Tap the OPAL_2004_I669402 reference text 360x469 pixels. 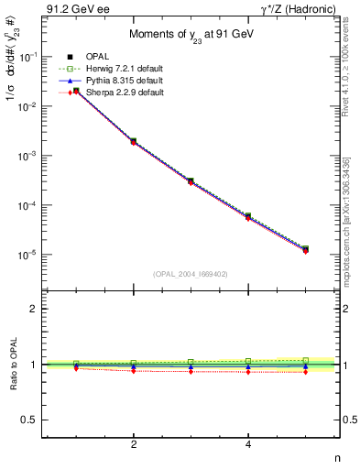pos(191,273)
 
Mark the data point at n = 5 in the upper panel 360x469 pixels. pos(305,249)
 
